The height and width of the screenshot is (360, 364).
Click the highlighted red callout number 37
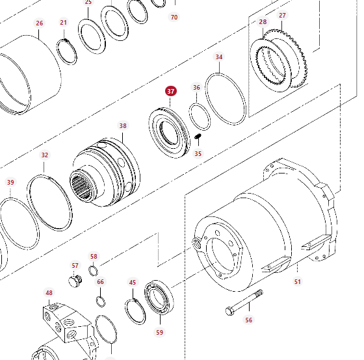[171, 91]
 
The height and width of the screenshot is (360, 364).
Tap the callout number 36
[196, 88]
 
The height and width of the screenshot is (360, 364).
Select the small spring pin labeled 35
[198, 136]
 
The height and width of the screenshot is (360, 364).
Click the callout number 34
[219, 57]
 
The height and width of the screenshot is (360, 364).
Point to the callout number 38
[123, 126]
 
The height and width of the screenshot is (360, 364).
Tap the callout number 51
[298, 282]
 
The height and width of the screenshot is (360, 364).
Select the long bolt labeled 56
[244, 302]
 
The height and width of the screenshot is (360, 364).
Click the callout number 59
[159, 332]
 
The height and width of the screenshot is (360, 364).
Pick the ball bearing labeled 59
[159, 298]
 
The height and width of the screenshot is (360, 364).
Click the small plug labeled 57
[75, 281]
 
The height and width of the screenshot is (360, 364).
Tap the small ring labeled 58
[94, 271]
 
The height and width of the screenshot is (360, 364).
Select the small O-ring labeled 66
[101, 302]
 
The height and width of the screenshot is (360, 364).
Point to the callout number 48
[49, 293]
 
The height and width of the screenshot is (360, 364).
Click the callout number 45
[133, 283]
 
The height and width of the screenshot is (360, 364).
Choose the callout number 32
[45, 155]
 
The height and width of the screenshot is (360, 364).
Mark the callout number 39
[10, 183]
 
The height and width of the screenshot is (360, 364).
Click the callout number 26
[40, 23]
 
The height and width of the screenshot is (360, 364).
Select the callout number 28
[263, 22]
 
